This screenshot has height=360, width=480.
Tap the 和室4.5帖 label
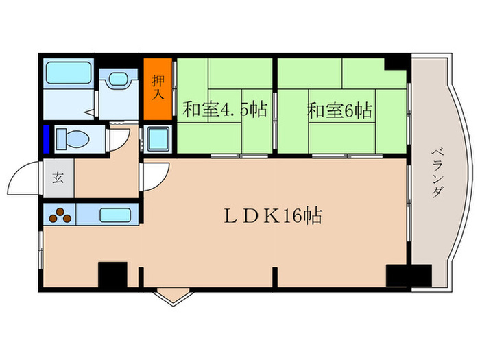[x=225, y=110]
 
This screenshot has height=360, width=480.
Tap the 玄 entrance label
[x=58, y=178]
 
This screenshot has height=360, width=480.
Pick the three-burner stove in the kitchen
[x=60, y=215]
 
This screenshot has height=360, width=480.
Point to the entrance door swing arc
[x=22, y=178]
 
